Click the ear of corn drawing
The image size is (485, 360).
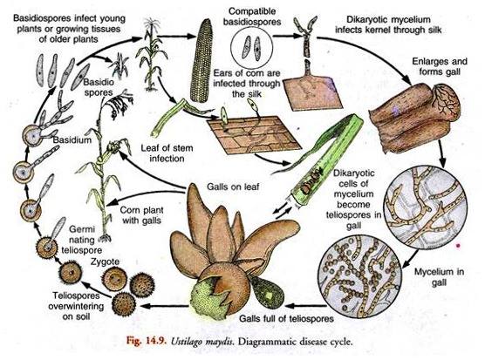click(x=202, y=60)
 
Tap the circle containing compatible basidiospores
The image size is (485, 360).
click(x=251, y=48)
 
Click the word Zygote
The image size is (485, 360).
click(x=106, y=262)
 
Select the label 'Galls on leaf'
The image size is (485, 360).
click(x=233, y=187)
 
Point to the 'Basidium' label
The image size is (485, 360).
click(x=72, y=139)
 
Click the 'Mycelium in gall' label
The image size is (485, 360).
click(x=440, y=277)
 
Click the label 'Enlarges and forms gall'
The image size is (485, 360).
click(x=440, y=66)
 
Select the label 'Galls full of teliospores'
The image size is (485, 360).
click(x=286, y=318)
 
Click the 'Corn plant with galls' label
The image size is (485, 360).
click(x=141, y=215)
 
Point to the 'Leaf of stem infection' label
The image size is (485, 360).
click(x=167, y=153)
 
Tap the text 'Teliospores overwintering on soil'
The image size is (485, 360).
click(x=76, y=306)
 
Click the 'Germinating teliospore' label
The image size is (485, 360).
click(x=81, y=240)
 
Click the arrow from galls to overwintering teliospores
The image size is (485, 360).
click(x=164, y=306)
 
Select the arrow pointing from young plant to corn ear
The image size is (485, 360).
click(x=176, y=37)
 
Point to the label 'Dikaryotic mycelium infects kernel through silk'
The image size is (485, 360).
click(x=388, y=24)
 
